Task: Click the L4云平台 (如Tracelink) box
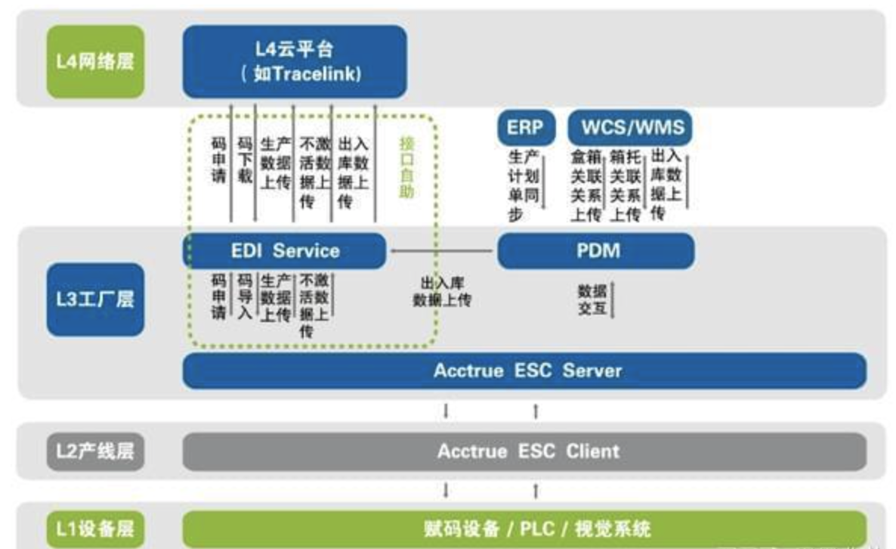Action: (x=295, y=61)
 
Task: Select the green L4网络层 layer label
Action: (x=95, y=61)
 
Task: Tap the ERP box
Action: (x=524, y=128)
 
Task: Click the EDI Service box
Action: (x=285, y=250)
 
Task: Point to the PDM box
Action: (x=595, y=250)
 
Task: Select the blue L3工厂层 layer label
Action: (x=95, y=299)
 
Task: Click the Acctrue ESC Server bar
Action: (x=524, y=371)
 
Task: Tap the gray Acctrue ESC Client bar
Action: (x=524, y=451)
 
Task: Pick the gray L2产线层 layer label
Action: (x=95, y=451)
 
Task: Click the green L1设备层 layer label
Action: (x=95, y=527)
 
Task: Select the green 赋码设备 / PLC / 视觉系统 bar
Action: (x=524, y=527)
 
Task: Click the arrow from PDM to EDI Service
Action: (x=442, y=251)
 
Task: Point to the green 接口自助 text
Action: (x=407, y=167)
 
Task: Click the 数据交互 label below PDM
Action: (x=592, y=299)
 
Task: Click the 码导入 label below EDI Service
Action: (x=244, y=296)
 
